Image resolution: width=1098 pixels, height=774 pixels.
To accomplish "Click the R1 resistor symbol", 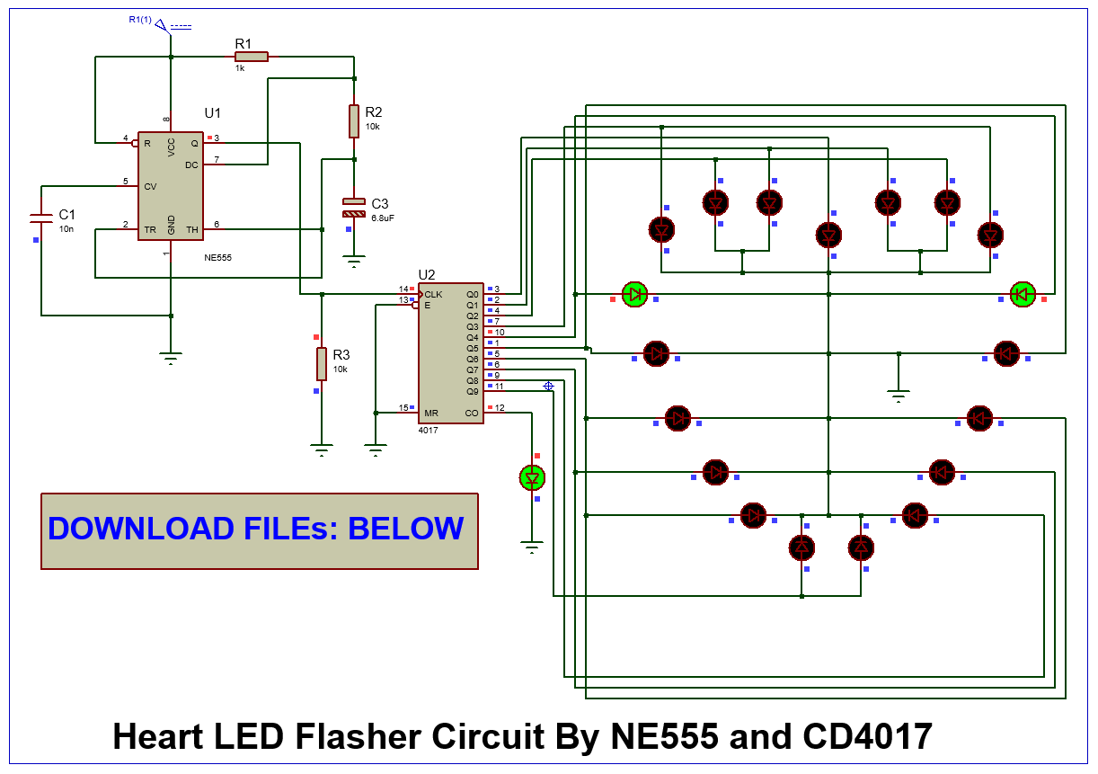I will pyautogui.click(x=252, y=57).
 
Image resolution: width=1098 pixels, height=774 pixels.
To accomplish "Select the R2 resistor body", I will pyautogui.click(x=354, y=121).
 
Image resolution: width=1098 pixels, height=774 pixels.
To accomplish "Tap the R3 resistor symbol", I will pyautogui.click(x=321, y=363).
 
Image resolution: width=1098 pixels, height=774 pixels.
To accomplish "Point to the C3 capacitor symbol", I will pyautogui.click(x=354, y=208).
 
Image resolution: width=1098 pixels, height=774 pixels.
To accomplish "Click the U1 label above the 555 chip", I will pyautogui.click(x=212, y=113).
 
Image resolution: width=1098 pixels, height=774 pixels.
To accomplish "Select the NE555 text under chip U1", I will pyautogui.click(x=217, y=257).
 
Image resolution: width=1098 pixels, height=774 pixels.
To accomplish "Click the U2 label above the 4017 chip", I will pyautogui.click(x=427, y=274).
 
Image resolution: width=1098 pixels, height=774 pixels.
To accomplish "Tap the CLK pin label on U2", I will pyautogui.click(x=434, y=294).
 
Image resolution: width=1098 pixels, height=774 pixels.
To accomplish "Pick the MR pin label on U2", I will pyautogui.click(x=431, y=413).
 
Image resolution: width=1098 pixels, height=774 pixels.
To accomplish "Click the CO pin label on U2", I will pyautogui.click(x=472, y=413).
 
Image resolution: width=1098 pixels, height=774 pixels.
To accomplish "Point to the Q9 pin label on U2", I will pyautogui.click(x=472, y=391).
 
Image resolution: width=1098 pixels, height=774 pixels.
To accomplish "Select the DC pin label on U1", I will pyautogui.click(x=191, y=165).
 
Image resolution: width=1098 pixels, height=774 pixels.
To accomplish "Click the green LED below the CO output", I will pyautogui.click(x=533, y=476).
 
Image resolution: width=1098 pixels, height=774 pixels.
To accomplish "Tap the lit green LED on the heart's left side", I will pyautogui.click(x=635, y=294).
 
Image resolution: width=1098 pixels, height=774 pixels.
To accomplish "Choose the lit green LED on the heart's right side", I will pyautogui.click(x=1023, y=294).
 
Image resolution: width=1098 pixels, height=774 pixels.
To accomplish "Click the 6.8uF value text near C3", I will pyautogui.click(x=383, y=218).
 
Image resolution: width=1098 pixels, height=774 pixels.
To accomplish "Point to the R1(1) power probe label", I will pyautogui.click(x=140, y=19).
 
